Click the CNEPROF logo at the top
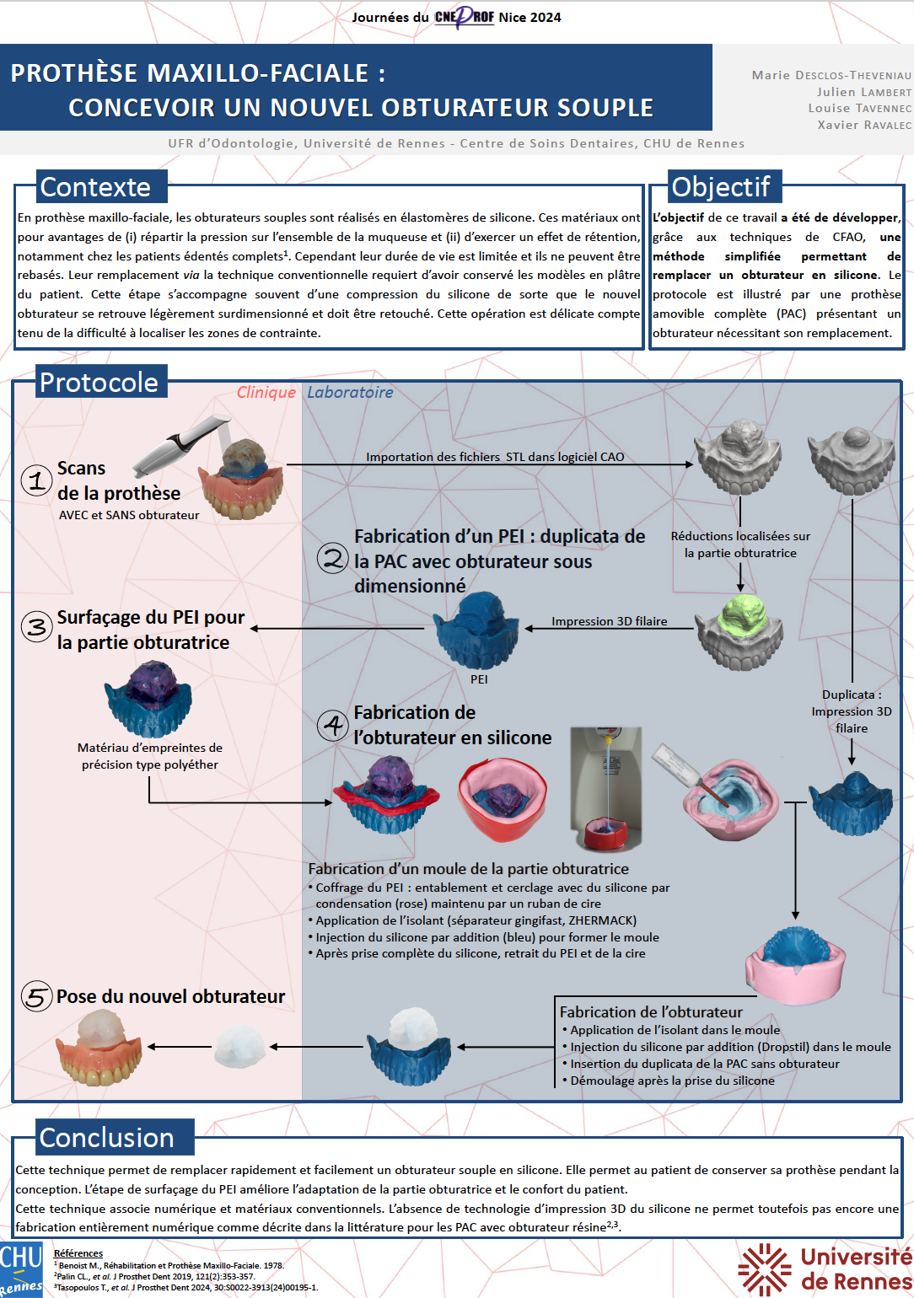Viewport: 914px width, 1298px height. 464,17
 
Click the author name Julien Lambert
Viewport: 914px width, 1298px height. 863,92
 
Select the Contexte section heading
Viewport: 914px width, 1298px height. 95,187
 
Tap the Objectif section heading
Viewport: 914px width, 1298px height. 720,187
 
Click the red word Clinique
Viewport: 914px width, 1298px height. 266,393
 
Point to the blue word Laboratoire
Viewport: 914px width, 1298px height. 350,393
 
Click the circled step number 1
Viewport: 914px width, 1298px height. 36,480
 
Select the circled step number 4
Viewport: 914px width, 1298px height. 333,725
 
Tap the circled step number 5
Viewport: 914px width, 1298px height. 36,997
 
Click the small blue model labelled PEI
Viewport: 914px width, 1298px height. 477,630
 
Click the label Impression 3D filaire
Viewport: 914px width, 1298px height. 609,621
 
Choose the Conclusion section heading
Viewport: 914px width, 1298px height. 107,1138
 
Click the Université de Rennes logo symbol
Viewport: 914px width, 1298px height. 764,1268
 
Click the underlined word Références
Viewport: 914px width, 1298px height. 78,1253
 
